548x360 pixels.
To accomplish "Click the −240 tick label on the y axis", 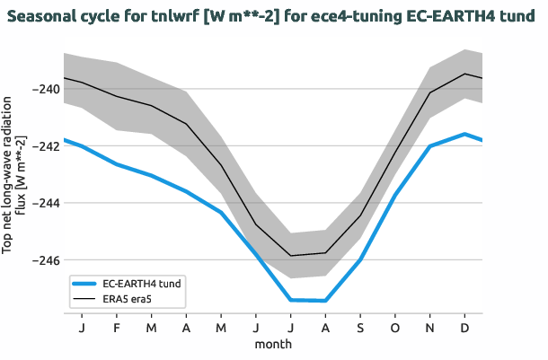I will pos(44,89).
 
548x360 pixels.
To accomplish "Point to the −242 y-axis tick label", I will pos(44,145).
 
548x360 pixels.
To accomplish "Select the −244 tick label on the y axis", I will pos(44,203).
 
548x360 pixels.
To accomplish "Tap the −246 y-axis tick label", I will pos(44,260).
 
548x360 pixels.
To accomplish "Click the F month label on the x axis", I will pos(116,329).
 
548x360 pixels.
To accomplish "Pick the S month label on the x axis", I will pos(360,329).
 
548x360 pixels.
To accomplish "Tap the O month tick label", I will pos(395,329).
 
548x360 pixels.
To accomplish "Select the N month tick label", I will pos(430,329).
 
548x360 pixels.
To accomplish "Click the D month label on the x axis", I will pos(465,329).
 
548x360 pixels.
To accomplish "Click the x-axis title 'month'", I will pos(273,344).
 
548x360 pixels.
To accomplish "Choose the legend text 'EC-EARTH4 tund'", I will pos(141,283).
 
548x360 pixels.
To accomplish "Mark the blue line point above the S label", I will pos(360,259).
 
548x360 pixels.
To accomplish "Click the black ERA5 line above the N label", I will pos(430,92).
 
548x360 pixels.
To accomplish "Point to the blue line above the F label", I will pos(116,164).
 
